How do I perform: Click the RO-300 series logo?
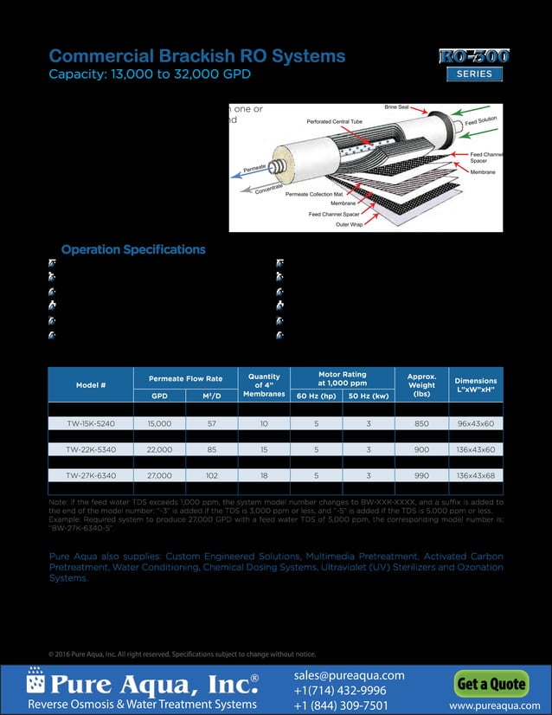point(473,63)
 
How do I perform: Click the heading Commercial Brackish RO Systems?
point(197,56)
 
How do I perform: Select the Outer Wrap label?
point(349,224)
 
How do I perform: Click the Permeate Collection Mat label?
point(314,194)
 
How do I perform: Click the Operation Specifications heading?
point(133,249)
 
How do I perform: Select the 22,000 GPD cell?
point(160,449)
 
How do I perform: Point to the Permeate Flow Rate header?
point(185,378)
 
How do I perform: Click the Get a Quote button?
point(491,684)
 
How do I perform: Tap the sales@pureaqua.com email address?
point(349,675)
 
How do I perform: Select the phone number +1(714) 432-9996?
point(339,690)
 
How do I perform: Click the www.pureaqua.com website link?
point(489,706)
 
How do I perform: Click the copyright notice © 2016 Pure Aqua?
point(182,654)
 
